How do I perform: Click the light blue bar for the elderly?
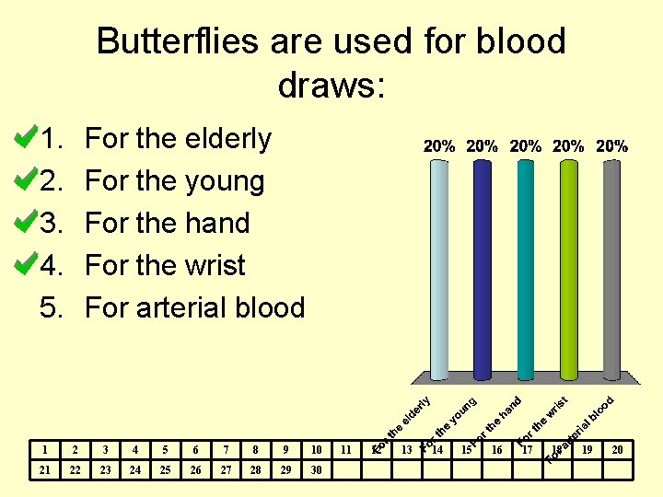[439, 267]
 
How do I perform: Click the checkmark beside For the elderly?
[25, 138]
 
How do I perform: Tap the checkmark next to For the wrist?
[25, 265]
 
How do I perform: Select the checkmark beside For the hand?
[25, 223]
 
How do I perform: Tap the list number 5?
[51, 307]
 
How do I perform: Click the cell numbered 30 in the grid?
[316, 469]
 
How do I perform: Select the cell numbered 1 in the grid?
[43, 450]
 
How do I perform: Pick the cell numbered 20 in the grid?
[618, 450]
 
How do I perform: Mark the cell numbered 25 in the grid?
[165, 469]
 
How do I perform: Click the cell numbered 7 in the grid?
[226, 450]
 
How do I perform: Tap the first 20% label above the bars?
[439, 146]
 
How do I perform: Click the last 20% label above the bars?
[612, 146]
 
